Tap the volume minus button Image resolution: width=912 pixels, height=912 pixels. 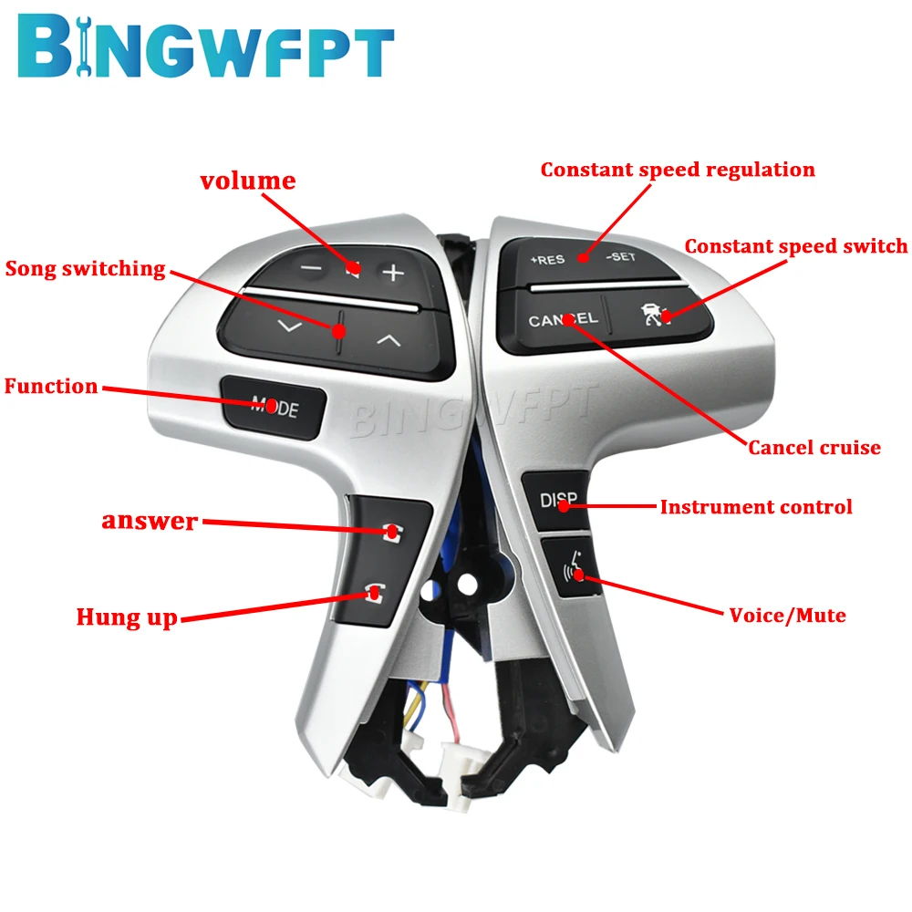[x=311, y=270]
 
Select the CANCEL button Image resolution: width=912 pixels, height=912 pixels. [x=563, y=319]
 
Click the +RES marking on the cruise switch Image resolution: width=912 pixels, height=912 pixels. [x=547, y=259]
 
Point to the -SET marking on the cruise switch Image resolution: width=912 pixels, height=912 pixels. [x=620, y=257]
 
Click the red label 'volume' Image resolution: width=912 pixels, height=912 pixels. [x=248, y=181]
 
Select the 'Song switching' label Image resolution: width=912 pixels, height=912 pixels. [x=86, y=269]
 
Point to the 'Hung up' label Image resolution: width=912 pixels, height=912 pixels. [x=126, y=617]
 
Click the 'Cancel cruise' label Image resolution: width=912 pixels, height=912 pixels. [x=814, y=447]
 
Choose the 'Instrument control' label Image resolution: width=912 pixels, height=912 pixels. [x=756, y=506]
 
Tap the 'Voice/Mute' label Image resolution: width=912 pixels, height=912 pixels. [x=787, y=615]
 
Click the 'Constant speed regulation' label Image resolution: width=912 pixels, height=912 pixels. [x=678, y=170]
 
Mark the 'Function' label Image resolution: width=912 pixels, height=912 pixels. [x=51, y=386]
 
